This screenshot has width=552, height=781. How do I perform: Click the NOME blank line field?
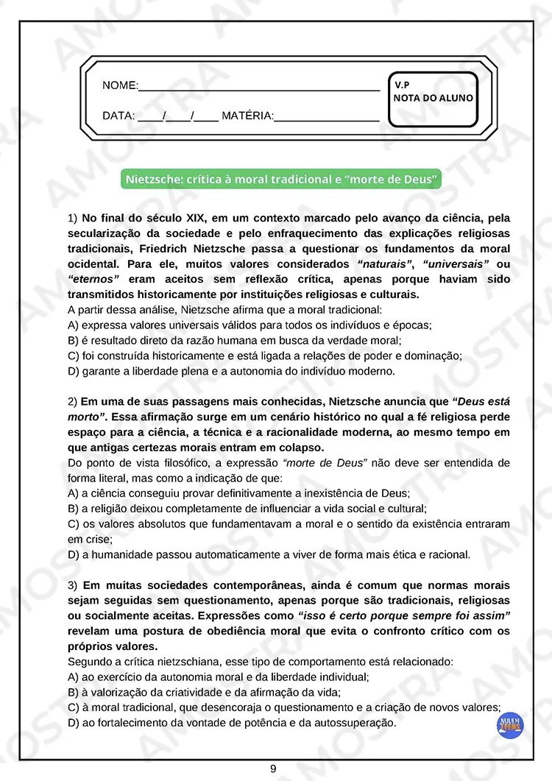[x=259, y=86]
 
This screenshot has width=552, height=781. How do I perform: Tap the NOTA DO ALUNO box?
[x=433, y=98]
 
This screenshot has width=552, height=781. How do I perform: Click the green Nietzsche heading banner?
[x=283, y=180]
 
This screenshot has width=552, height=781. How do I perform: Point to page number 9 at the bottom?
[x=273, y=768]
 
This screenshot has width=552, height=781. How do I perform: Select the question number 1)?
[x=72, y=219]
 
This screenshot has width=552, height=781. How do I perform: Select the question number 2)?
[x=72, y=402]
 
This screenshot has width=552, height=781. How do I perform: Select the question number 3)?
[x=72, y=586]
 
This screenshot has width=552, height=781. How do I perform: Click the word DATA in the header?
[x=118, y=116]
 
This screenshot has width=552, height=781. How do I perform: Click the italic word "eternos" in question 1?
[x=94, y=280]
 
